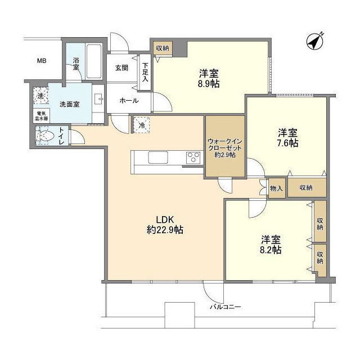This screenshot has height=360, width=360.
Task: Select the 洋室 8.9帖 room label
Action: point(209,78)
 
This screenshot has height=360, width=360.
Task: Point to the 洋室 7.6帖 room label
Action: point(287,138)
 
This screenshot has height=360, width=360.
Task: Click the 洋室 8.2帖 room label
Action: point(271,243)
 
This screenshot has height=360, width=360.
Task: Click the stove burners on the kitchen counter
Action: point(193,157)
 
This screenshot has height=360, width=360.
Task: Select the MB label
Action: point(42,61)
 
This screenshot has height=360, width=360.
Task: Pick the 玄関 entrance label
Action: point(122,67)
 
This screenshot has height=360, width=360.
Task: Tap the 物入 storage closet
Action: point(277,188)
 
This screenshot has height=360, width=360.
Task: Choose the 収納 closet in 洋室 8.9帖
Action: point(162,48)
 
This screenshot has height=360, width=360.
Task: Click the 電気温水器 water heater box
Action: point(39,115)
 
